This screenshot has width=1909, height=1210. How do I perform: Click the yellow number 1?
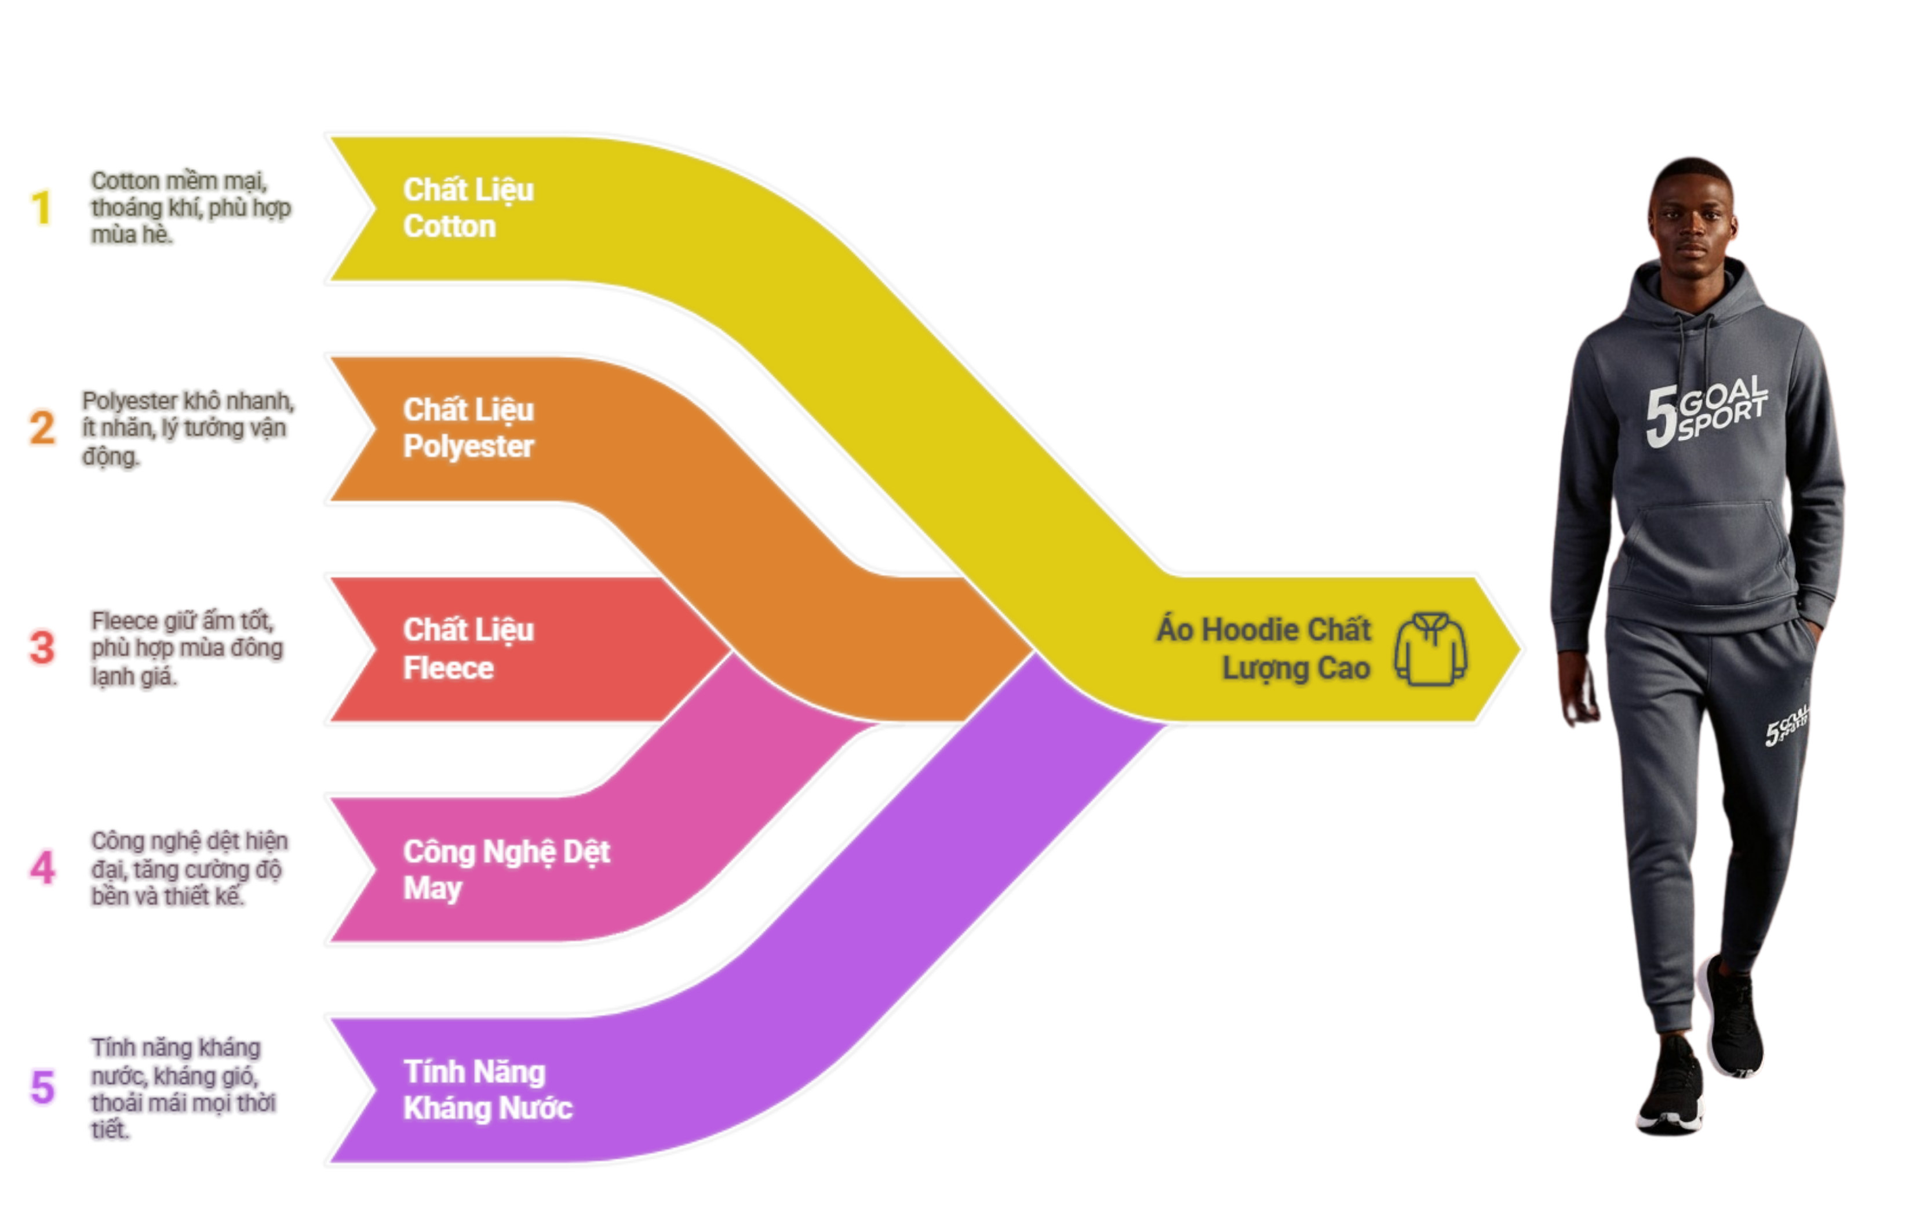coord(41,208)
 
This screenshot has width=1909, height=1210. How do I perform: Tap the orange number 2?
coord(42,428)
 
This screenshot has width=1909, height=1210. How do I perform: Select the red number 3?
coord(42,647)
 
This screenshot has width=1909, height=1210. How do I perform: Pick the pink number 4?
coord(42,867)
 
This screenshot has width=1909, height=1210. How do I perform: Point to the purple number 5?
coord(42,1087)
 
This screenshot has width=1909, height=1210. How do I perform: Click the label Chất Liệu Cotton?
coord(468,208)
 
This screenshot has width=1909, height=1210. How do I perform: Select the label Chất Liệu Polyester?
coord(468,428)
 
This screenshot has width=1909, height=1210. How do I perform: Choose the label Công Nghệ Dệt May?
coord(506,869)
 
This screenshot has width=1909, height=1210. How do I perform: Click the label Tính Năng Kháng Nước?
coord(487,1089)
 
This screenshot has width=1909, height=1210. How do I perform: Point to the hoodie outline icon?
coord(1430,649)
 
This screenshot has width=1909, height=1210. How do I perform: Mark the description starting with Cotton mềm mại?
coord(190,208)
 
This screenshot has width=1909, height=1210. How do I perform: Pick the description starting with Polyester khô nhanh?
coord(187,428)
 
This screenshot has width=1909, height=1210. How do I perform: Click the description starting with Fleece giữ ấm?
coord(185,648)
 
